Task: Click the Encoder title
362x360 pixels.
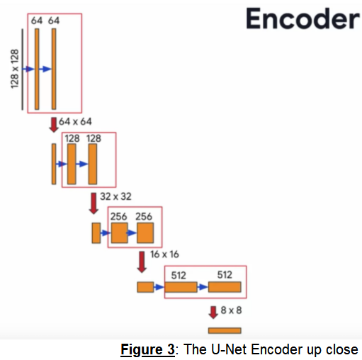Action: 302,19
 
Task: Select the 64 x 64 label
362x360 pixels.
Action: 76,122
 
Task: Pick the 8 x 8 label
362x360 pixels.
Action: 231,310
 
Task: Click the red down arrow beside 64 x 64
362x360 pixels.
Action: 53,124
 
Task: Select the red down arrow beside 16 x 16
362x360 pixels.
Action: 141,259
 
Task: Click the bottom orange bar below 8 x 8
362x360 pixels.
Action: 224,330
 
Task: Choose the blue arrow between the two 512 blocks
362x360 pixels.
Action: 203,287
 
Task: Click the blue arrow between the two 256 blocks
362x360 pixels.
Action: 132,232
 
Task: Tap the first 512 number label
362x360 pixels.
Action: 180,274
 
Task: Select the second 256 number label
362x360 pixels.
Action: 145,216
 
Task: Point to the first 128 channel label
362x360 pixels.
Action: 72,139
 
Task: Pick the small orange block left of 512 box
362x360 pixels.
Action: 145,287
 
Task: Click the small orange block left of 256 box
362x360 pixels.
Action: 96,232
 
